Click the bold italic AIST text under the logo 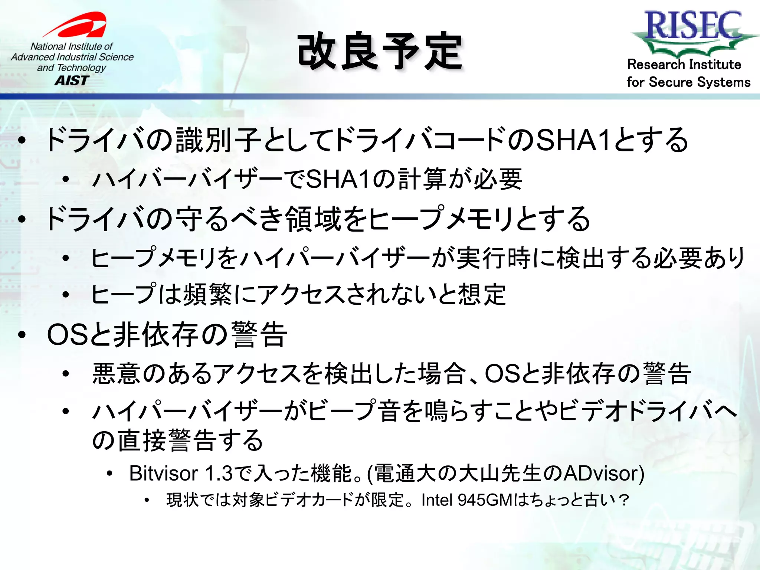(72, 81)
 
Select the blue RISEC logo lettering (693, 25)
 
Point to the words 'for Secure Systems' (688, 82)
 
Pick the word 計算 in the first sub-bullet (422, 180)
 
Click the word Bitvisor (164, 474)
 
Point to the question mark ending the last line (624, 500)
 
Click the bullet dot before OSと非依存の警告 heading (22, 334)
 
